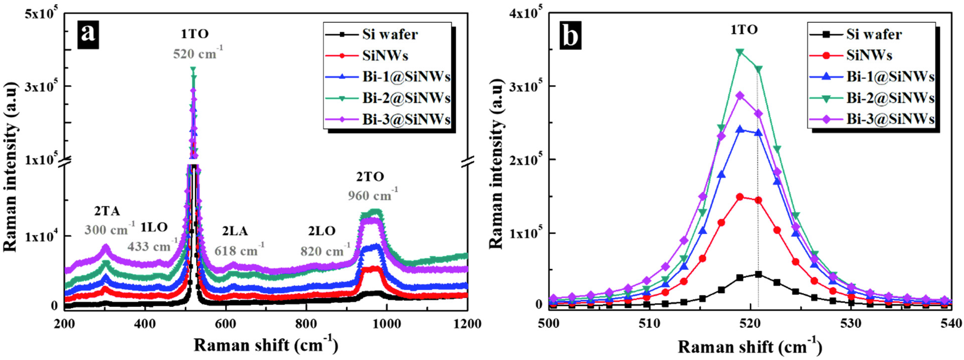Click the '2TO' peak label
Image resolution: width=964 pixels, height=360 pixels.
point(370,177)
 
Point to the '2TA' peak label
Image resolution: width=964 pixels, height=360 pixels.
point(107,212)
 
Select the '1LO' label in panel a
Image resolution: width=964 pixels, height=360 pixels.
point(154,227)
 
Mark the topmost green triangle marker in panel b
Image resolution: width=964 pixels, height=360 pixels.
point(740,52)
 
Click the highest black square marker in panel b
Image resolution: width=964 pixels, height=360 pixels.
point(758,274)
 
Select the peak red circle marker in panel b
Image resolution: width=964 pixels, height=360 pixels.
point(740,197)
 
